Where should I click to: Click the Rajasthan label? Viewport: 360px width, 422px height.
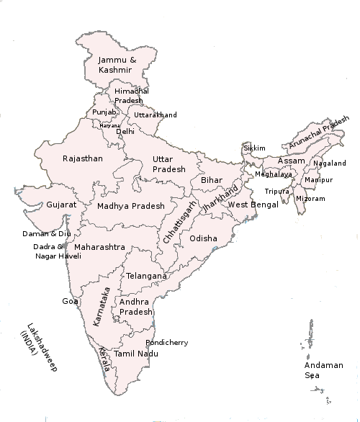coord(82,158)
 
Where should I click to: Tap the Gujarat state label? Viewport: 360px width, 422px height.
coord(61,205)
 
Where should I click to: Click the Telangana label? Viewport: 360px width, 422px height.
coord(146,276)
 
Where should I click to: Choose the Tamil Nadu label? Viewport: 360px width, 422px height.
coord(137,354)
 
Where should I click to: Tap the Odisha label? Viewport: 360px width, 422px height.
coord(203,238)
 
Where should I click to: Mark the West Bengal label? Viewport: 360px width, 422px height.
coord(252,205)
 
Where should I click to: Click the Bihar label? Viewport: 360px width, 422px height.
coord(212,179)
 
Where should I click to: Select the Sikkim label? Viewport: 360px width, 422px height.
coord(255,148)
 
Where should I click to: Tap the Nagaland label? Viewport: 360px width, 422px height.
coord(330,163)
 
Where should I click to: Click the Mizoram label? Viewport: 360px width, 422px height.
coord(310,198)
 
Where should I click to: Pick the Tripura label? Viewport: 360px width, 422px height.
coord(276,192)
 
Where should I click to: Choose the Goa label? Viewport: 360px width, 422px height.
coord(70,301)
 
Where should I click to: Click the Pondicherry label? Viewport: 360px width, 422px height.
coord(167,343)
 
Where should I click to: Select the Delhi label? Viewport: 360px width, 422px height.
coord(125,132)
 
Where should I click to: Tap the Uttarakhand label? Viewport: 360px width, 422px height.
coord(155,115)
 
